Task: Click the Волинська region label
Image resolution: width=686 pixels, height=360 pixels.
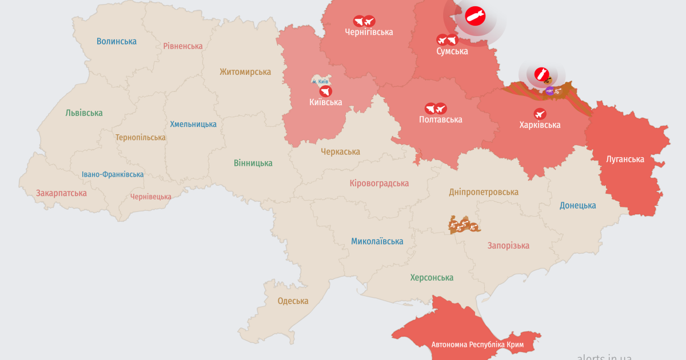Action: tap(117, 41)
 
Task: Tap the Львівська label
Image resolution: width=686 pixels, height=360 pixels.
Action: tap(84, 113)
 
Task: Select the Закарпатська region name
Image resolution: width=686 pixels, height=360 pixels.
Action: tap(61, 193)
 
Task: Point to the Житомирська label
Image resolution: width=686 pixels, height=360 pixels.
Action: tap(245, 72)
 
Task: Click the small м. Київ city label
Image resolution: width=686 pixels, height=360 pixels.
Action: tap(320, 82)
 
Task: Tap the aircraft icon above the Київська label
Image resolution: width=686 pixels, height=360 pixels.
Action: tap(325, 91)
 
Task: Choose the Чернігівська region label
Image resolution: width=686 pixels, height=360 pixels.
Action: tap(369, 32)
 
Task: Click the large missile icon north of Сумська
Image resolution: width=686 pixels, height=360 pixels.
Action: tap(474, 17)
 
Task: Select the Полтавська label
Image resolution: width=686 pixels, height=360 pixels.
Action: tap(440, 119)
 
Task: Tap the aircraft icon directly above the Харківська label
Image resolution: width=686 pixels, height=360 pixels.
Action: tap(540, 113)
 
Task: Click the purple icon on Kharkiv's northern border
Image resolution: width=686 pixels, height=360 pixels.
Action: tap(549, 90)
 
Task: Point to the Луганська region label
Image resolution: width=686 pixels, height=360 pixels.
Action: tap(625, 159)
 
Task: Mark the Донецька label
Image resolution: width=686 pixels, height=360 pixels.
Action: tap(577, 206)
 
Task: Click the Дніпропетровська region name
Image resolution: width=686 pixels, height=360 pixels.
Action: tap(484, 192)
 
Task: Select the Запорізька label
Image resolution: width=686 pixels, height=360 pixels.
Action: tap(508, 246)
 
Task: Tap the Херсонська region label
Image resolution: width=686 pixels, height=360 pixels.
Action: tap(432, 278)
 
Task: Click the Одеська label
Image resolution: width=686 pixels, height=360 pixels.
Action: tap(293, 301)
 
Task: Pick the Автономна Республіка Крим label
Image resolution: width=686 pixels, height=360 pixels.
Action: tap(477, 345)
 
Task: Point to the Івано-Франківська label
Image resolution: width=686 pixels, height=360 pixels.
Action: tap(113, 175)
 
